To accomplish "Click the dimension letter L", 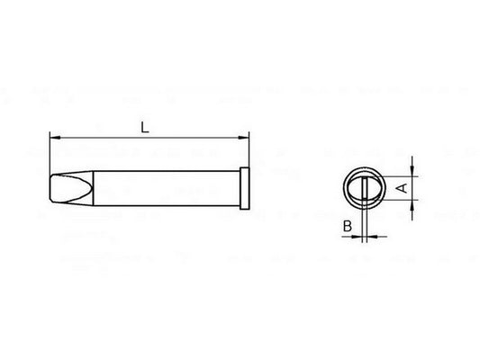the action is pos(144,127).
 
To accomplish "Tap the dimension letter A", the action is pos(403,188).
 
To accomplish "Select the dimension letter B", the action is pos(348,226).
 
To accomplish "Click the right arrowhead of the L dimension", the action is pos(244,138).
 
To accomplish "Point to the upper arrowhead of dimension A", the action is pos(412,171).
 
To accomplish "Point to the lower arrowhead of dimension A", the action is pos(412,205).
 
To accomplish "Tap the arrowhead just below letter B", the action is pos(357,237).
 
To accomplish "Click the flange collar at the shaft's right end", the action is pos(245,188).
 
